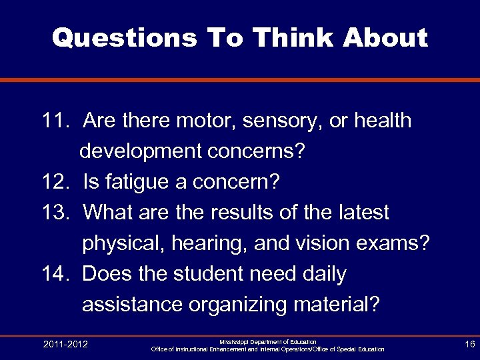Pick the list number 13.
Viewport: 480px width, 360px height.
pyautogui.click(x=55, y=213)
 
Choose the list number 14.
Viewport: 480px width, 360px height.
pyautogui.click(x=55, y=274)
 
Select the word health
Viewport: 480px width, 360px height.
pyautogui.click(x=381, y=121)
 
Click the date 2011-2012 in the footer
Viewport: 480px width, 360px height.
pyautogui.click(x=65, y=344)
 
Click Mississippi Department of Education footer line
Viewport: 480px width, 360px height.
pyautogui.click(x=268, y=341)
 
